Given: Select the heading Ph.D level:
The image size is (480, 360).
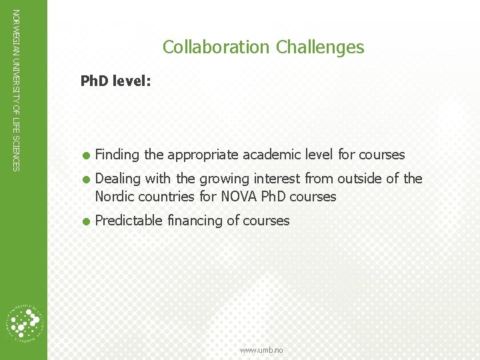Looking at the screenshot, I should [115, 81].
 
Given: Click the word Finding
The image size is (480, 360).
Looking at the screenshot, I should [118, 155].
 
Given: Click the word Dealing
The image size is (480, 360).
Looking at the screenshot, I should [118, 179].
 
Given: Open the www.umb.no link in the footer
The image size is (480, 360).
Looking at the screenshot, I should [261, 350].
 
